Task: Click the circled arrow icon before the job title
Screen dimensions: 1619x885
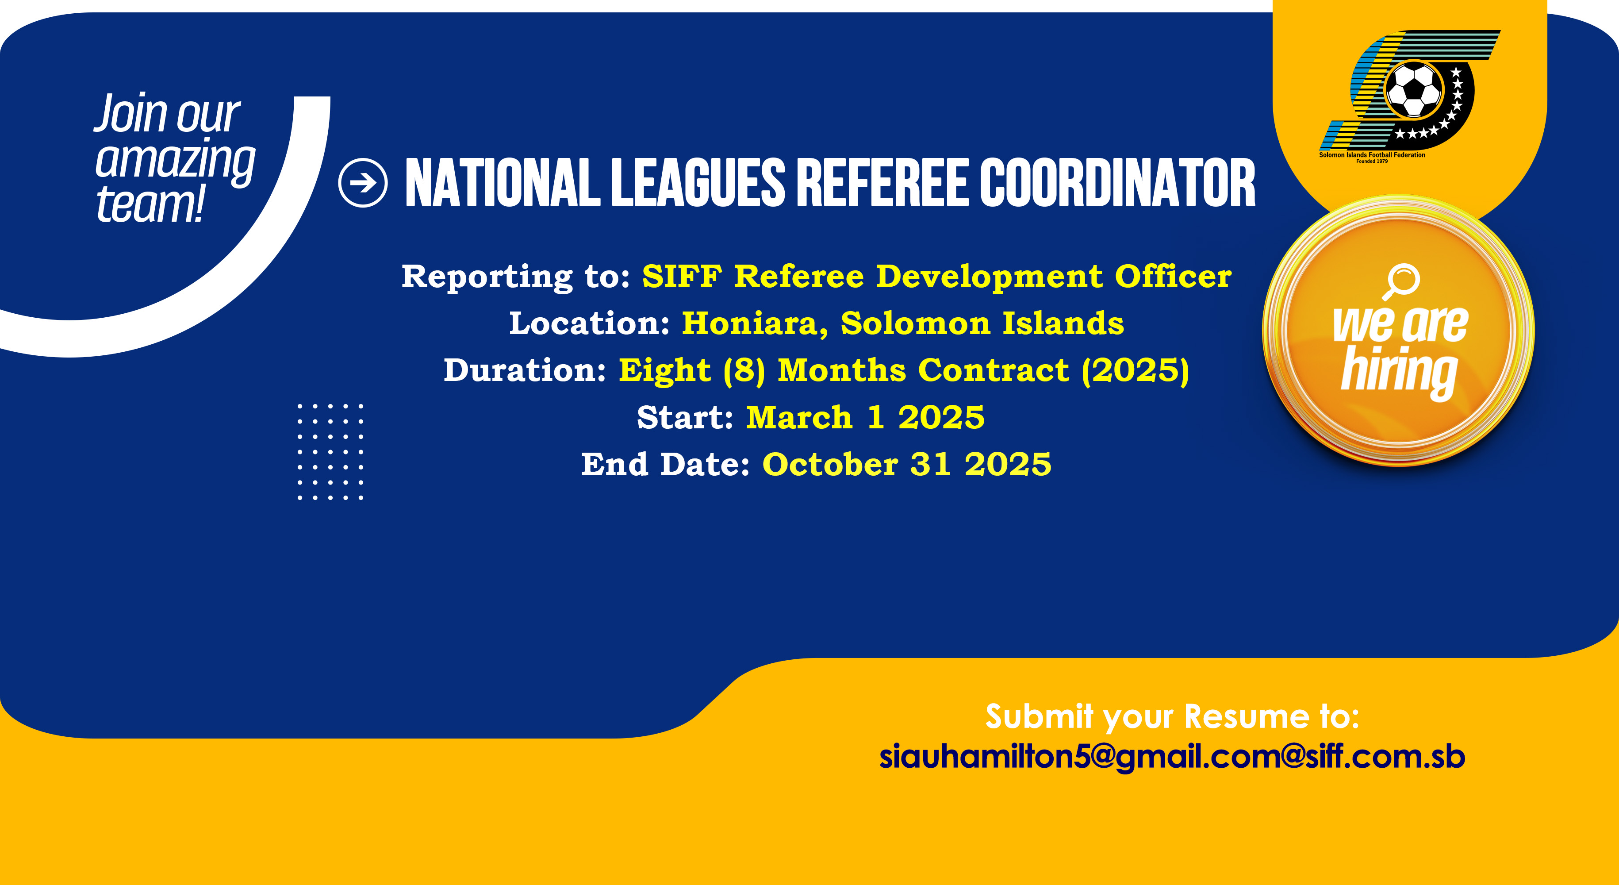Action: pos(363,183)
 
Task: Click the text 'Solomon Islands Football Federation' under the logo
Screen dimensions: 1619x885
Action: pos(1372,154)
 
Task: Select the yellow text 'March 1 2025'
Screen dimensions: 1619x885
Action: pos(865,417)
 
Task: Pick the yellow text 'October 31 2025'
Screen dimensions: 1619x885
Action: pos(906,465)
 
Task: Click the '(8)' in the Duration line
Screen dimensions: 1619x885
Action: pos(744,370)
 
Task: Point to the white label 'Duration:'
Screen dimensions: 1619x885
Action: pos(525,370)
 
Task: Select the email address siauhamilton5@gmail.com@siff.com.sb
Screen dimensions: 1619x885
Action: pos(1172,757)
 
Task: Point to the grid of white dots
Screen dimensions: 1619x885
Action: pos(330,452)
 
